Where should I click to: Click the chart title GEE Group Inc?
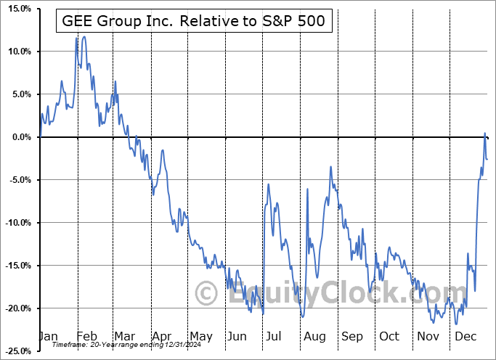(x=195, y=22)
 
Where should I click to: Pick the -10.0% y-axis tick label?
(x=15, y=223)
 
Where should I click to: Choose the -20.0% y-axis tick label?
(x=15, y=308)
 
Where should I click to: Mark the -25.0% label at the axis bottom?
(x=15, y=351)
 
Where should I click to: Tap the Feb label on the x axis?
(x=88, y=337)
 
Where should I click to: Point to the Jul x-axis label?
(x=274, y=337)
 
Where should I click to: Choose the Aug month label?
(x=314, y=337)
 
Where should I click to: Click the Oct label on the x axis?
(x=389, y=337)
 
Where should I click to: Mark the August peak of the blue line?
(x=330, y=167)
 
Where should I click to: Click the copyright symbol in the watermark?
(x=207, y=294)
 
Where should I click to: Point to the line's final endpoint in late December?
(x=487, y=159)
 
